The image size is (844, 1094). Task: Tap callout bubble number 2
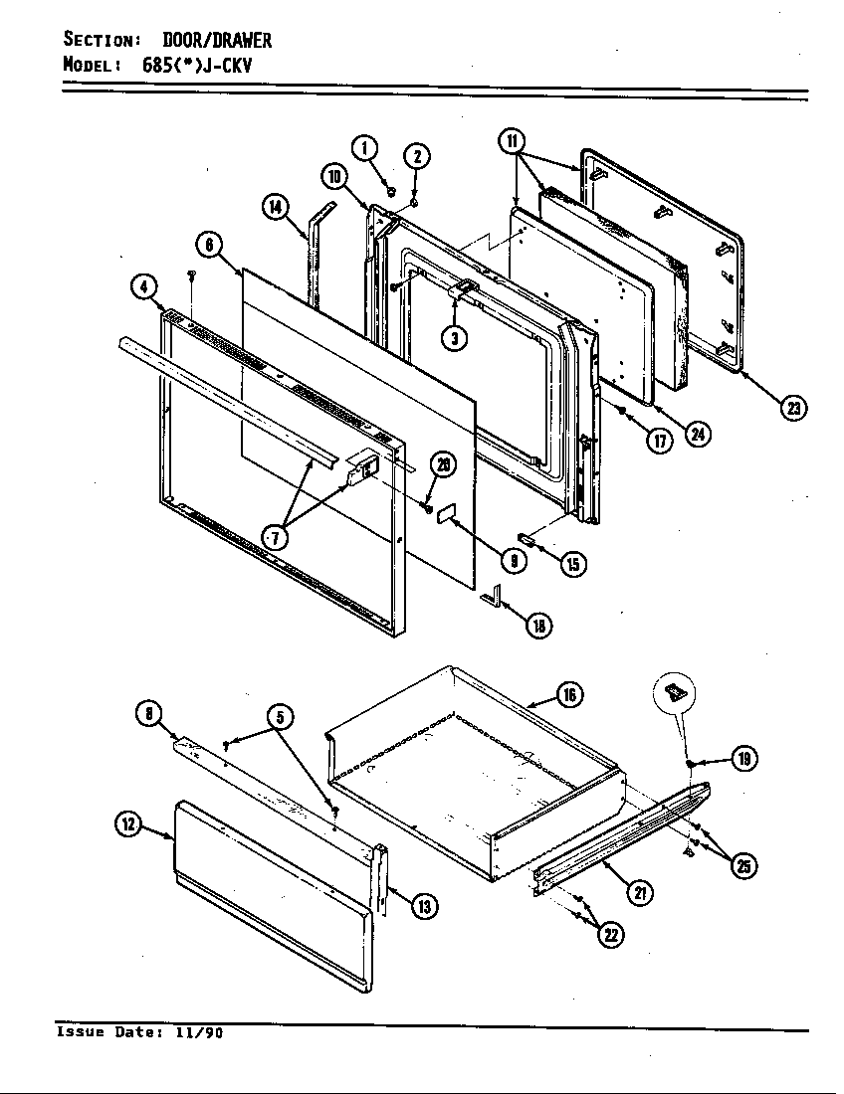416,156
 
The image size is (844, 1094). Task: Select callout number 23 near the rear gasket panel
793,409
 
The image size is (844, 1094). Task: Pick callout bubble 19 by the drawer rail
742,760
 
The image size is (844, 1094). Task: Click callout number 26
441,465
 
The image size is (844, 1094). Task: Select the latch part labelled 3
462,290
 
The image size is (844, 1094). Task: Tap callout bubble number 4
145,288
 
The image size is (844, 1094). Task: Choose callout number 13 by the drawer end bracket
423,906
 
